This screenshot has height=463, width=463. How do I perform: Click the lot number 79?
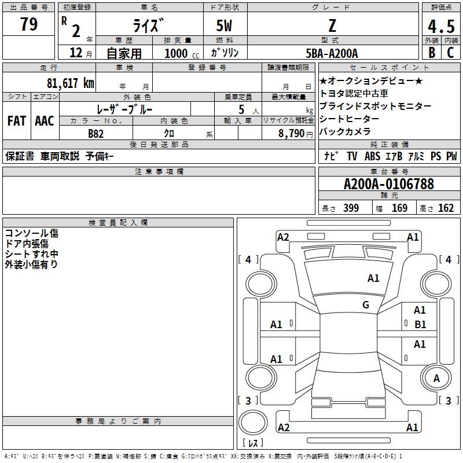[x=29, y=24]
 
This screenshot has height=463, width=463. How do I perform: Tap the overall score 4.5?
[x=441, y=26]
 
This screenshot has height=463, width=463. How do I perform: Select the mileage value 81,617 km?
[x=71, y=83]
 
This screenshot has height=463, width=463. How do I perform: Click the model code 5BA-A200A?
[x=332, y=53]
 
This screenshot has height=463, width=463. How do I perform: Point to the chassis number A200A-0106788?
[x=389, y=184]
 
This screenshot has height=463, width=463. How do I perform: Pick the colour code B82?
[x=96, y=134]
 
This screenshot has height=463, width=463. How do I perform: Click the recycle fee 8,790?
[x=292, y=134]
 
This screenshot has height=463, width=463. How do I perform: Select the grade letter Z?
[x=332, y=25]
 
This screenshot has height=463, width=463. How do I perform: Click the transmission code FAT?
[x=17, y=121]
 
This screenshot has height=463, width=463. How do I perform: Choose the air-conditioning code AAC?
[x=45, y=121]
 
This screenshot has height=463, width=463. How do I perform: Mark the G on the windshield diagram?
[x=366, y=304]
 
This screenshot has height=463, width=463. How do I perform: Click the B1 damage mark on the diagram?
[x=420, y=325]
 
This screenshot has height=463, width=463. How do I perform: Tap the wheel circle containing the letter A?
[x=436, y=379]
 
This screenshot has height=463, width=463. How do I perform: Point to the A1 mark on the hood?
[x=373, y=278]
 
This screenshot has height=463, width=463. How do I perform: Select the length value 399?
[x=351, y=208]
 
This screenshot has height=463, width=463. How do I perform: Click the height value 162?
[x=446, y=208]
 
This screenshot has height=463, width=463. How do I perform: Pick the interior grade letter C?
[x=450, y=53]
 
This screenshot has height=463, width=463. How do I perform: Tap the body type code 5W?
[x=224, y=25]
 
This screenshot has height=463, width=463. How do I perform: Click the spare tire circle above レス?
[x=253, y=422]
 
